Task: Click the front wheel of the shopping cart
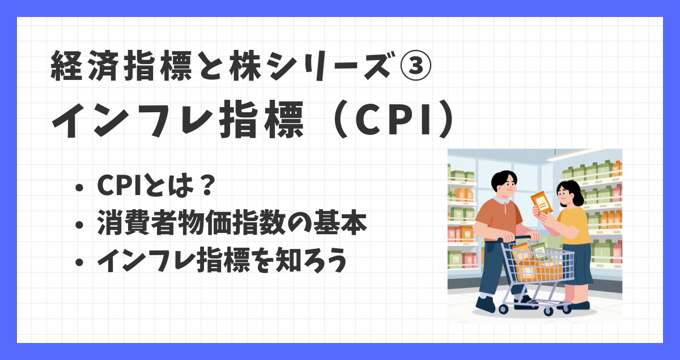coord(548,311)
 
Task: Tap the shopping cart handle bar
coord(513,239)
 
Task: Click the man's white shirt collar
coord(502,200)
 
